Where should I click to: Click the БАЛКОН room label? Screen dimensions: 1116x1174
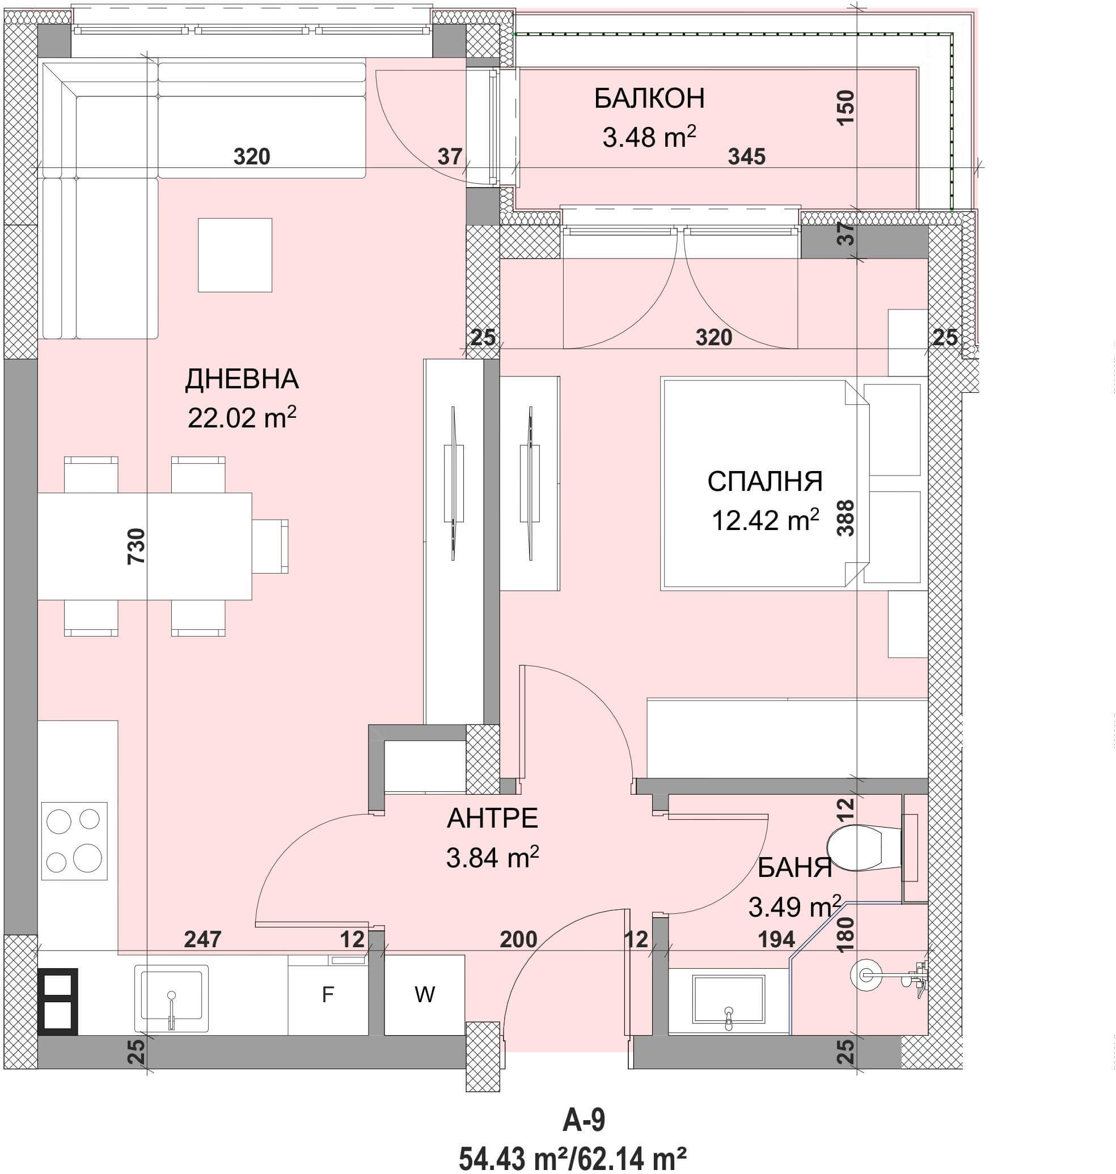point(649,99)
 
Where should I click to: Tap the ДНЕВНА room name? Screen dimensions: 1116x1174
point(242,379)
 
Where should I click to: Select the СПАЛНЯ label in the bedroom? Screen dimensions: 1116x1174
point(765,481)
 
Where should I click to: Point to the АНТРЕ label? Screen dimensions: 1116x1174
point(493,819)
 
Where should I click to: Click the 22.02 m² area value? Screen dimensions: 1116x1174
point(242,417)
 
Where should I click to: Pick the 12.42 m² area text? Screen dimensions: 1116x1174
point(765,520)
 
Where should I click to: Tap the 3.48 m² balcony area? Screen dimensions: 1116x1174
point(649,137)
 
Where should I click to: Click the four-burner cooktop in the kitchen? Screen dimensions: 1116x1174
point(74,841)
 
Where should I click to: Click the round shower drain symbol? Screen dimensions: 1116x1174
point(863,973)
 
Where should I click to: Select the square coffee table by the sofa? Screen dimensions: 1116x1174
point(235,255)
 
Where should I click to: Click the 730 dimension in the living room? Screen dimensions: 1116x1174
point(136,546)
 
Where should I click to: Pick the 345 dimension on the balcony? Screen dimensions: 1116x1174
point(747,156)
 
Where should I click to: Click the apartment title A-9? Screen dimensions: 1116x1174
point(584,1121)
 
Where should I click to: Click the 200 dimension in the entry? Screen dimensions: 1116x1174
point(518,939)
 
